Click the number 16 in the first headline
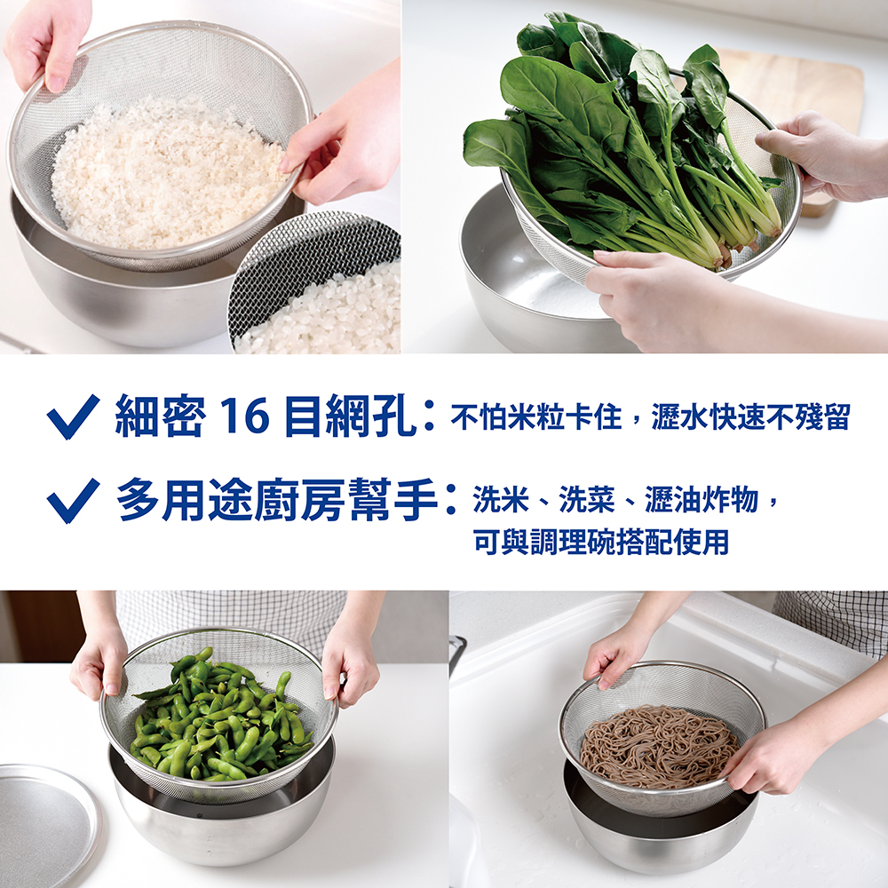tap(245, 416)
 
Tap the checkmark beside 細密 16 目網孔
tap(73, 416)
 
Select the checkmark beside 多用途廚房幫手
tap(73, 501)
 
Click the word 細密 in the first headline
tap(160, 416)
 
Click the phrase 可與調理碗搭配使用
tap(601, 542)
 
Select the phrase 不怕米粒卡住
tap(535, 416)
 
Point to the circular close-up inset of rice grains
tap(315, 283)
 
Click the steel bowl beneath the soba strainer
tap(661, 821)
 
